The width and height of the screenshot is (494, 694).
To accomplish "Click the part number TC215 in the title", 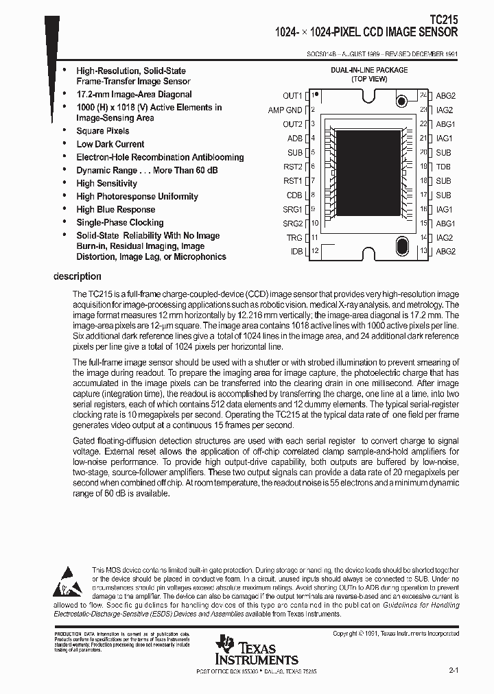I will click(444, 21).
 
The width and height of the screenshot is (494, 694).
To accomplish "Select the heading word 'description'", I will click(78, 276).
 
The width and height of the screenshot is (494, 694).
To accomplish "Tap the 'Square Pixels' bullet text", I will click(103, 131).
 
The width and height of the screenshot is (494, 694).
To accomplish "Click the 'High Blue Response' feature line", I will click(116, 209).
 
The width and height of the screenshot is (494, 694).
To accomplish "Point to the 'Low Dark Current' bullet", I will click(110, 144).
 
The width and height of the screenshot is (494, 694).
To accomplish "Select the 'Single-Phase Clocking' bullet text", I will click(120, 222).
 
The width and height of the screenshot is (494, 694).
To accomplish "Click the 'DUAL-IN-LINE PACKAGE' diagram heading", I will click(369, 70).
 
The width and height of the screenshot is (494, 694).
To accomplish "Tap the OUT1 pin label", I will click(292, 96).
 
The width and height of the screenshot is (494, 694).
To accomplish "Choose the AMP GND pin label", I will click(285, 110).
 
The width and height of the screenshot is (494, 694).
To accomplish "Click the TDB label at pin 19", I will click(443, 167).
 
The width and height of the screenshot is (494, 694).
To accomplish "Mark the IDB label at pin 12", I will click(296, 252).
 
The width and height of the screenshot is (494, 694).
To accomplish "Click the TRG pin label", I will click(294, 238).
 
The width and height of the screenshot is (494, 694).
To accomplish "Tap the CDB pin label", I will click(294, 195).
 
